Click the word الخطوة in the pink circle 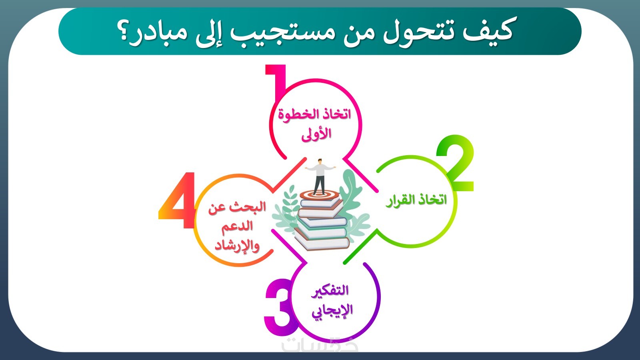coord(296,115)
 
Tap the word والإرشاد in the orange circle coord(237,246)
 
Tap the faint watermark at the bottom coord(320,345)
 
